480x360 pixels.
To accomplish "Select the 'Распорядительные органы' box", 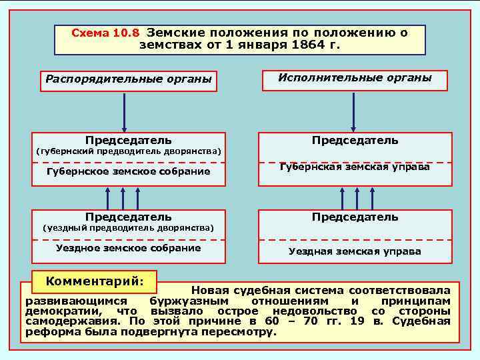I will coord(128,79).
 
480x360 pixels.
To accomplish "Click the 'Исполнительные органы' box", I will coord(355,78).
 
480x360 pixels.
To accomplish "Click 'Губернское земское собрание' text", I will coord(128,171).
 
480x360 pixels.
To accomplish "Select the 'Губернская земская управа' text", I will coord(355,167).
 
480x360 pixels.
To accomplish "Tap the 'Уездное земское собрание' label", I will coord(128,248).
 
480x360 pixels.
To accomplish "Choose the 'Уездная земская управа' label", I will coord(355,251).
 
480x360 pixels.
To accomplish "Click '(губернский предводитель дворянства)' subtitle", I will coord(128,151).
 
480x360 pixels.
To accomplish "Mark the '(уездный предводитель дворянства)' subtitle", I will coord(128,228).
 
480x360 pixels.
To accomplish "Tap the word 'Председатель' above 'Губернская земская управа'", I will coord(355,140).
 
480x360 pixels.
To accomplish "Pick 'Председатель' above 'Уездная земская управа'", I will coord(355,217).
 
